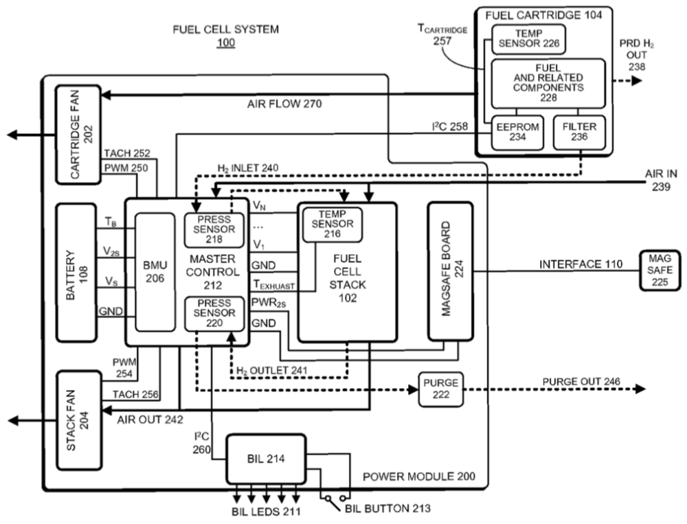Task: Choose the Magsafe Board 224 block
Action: (450, 271)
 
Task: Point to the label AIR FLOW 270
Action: (284, 104)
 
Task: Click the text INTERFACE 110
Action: (581, 264)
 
